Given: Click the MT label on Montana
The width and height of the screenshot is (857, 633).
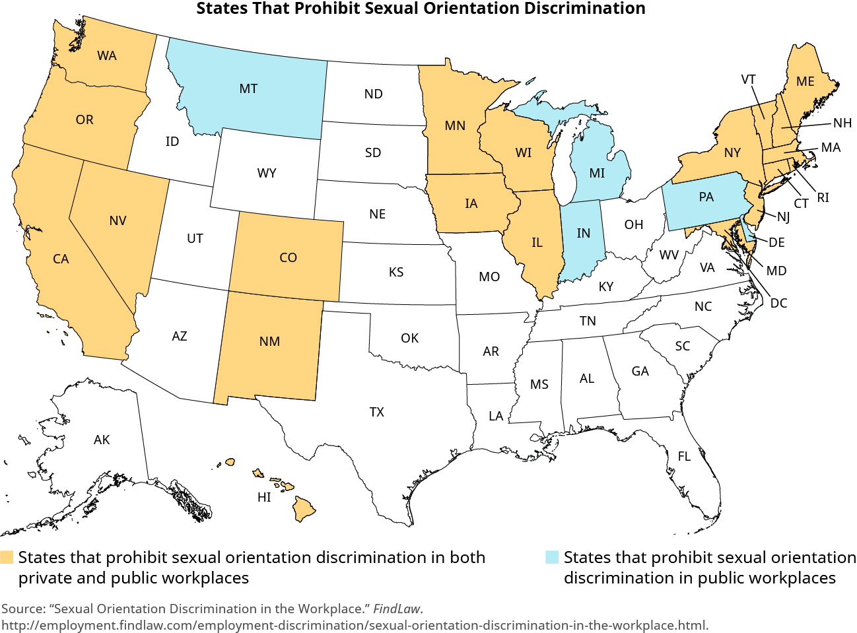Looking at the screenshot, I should tap(248, 88).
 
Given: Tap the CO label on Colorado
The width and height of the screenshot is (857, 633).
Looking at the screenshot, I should tap(289, 257).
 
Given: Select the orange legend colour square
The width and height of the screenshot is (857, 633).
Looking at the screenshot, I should tap(7, 557).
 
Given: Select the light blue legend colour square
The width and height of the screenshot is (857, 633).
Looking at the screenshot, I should tap(552, 557).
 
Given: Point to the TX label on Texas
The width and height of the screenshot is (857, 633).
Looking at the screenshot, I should tap(376, 412).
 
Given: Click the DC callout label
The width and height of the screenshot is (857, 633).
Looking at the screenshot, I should tap(779, 303).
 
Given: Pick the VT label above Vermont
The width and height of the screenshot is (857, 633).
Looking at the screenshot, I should tap(748, 79).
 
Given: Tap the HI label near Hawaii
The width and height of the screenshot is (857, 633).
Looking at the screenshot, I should tap(264, 497).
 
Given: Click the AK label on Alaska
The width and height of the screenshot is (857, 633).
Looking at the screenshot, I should tap(102, 440).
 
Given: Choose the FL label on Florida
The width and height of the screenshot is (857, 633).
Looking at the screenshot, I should tap(684, 456).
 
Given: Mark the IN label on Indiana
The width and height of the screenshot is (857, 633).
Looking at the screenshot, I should tap(584, 233).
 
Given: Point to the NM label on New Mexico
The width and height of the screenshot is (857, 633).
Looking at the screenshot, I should tap(269, 341).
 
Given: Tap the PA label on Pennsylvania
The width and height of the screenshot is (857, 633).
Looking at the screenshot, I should tap(706, 197).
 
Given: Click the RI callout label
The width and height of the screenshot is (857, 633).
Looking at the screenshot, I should tap(823, 197).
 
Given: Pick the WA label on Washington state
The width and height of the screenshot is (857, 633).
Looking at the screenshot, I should tap(107, 55).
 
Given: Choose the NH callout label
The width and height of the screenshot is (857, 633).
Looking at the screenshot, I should tap(842, 123).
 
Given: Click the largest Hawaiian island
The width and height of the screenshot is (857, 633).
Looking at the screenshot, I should tap(304, 508).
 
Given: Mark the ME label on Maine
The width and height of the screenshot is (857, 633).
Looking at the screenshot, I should tap(806, 81).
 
